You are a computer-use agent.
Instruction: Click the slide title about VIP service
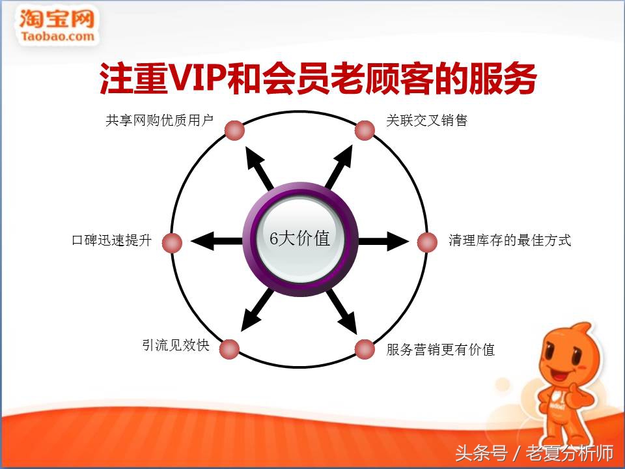(318, 80)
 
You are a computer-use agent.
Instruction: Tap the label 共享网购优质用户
(160, 121)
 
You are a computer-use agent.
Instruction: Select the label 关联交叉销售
(426, 121)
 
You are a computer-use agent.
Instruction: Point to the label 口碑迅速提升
(111, 240)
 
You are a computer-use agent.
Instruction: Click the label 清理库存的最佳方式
(509, 240)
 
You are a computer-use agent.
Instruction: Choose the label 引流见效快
(176, 345)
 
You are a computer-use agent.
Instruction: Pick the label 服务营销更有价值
(440, 350)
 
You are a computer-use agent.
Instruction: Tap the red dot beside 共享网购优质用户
(234, 130)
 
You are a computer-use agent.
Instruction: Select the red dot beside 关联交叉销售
(365, 130)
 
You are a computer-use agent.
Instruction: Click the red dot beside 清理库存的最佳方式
(426, 242)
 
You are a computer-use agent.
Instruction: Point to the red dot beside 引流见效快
(229, 349)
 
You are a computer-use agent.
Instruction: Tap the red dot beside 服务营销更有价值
(365, 349)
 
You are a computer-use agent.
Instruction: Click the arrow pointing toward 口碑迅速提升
(215, 241)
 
